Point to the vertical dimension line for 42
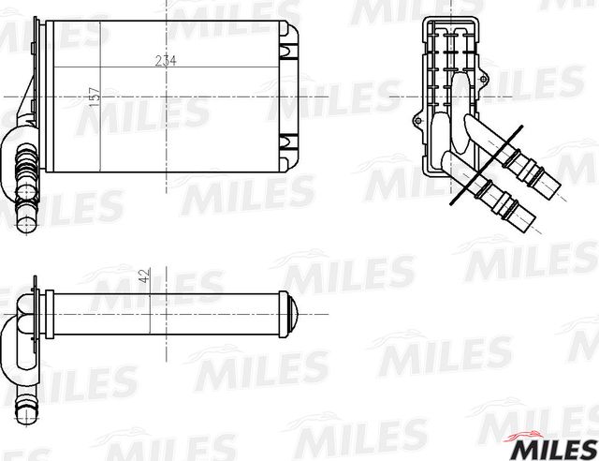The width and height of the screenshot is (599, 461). click(151, 300)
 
